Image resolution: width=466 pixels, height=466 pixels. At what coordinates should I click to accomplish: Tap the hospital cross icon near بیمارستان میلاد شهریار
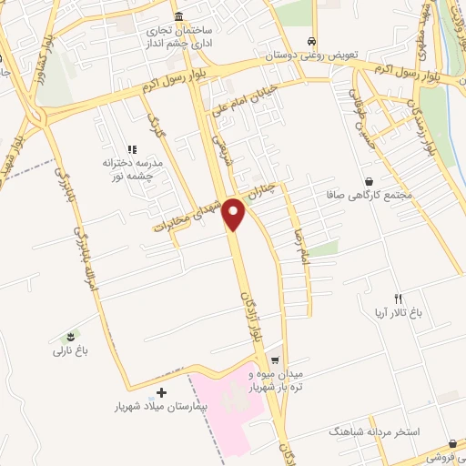tap(162, 393)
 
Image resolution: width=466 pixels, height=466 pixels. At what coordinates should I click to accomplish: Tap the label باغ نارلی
tap(73, 349)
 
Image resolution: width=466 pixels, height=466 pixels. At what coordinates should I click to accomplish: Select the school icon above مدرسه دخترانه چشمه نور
tap(132, 148)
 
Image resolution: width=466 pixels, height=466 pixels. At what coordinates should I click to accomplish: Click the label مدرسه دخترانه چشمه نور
tap(133, 168)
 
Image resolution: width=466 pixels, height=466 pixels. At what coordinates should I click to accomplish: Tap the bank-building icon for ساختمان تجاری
tap(177, 18)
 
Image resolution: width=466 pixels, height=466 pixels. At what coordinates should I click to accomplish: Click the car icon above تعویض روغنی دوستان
tap(313, 42)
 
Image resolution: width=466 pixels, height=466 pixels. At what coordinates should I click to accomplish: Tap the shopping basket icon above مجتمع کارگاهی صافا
tap(368, 181)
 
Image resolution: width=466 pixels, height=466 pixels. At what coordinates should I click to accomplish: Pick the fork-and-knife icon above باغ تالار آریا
tap(398, 299)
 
